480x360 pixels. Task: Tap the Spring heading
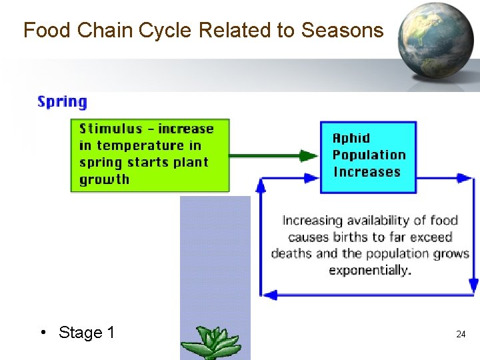[62, 102]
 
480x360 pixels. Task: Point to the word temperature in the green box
[140, 145]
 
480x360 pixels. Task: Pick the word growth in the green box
[104, 179]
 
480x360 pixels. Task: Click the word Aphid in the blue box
[351, 138]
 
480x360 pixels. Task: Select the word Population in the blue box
[369, 155]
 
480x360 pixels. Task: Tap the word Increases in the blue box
[366, 171]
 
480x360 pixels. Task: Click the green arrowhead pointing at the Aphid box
[309, 155]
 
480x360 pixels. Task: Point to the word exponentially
[370, 270]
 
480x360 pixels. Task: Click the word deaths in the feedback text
[292, 253]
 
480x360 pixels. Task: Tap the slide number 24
[461, 334]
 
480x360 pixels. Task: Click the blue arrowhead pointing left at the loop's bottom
[267, 294]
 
